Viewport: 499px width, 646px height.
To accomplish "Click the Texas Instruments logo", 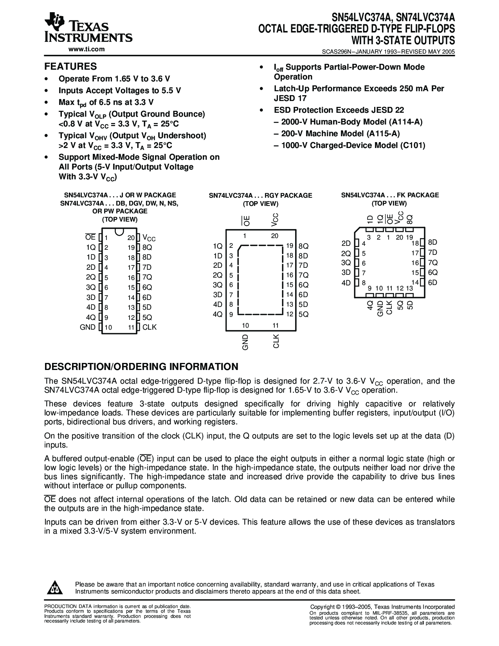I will pos(88,29).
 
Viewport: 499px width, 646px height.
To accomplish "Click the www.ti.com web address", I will pos(86,49).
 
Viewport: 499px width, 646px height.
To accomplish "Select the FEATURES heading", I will pos(70,67).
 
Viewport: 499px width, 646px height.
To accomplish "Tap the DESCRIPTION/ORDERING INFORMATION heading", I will pos(141,367).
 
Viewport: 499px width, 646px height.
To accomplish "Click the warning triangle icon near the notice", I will pos(56,587).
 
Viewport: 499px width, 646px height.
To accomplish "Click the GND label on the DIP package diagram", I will pos(88,327).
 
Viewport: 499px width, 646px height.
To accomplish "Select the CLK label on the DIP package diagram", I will pos(150,327).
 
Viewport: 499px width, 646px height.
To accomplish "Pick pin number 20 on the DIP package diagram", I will pos(131,238).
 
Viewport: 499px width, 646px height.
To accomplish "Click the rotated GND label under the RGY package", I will pos(245,342).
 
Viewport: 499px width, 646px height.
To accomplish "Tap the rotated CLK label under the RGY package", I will pos(276,341).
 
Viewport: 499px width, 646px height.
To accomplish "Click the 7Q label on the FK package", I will pos(433,263).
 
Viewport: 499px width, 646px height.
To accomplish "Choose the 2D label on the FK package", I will pos(346,243).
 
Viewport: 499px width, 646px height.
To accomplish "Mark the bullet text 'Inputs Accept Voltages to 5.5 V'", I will pos(120,90).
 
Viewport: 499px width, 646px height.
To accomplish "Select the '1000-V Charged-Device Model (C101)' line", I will pos(349,145).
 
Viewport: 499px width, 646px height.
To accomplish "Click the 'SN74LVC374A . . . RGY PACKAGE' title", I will pos(260,195).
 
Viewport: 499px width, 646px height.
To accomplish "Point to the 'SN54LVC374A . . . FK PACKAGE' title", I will pos(390,195).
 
